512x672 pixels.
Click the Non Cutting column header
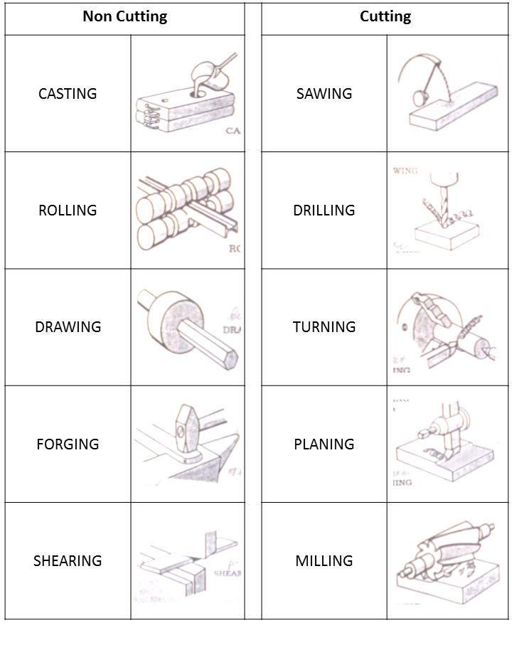click(x=124, y=17)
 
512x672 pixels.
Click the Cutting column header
click(x=385, y=17)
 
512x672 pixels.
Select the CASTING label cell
click(x=68, y=94)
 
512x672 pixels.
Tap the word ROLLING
click(x=68, y=210)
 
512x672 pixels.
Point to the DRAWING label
click(x=68, y=327)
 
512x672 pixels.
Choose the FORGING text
click(x=68, y=444)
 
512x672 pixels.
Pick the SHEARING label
click(x=68, y=561)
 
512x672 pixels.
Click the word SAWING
click(x=324, y=94)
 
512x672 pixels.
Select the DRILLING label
click(x=324, y=210)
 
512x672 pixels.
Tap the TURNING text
click(x=324, y=327)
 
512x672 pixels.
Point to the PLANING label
click(x=324, y=444)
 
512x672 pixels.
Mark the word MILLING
click(x=324, y=561)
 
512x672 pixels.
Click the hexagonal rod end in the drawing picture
click(x=228, y=356)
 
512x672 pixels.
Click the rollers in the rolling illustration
click(x=185, y=206)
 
